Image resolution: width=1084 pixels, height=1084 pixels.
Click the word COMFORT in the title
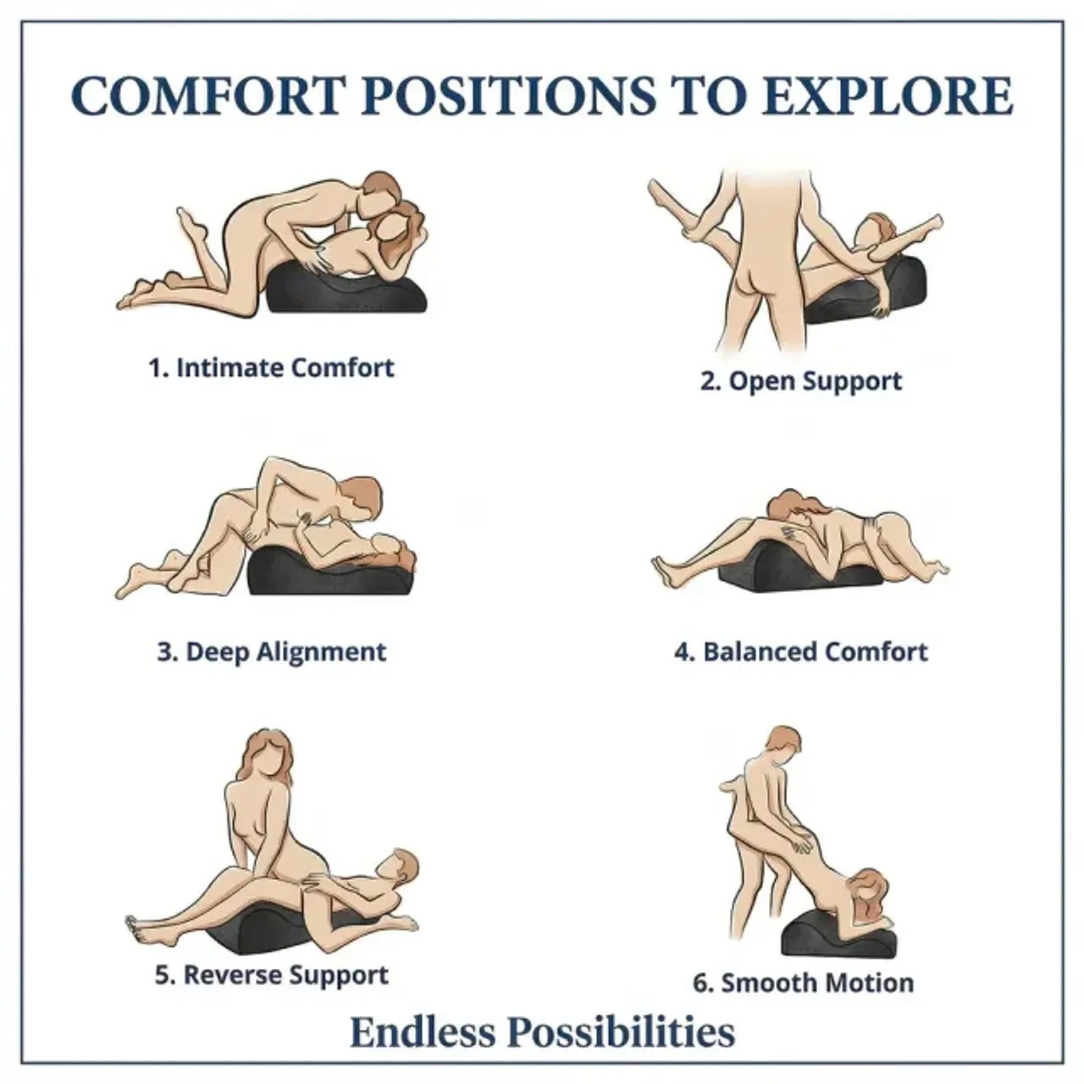207,97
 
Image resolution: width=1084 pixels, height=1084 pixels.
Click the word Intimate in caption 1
230,368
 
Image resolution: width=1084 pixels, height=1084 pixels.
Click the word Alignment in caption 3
321,653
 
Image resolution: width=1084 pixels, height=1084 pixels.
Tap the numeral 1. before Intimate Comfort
158,368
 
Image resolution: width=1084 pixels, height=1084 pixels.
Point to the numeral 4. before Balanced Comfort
686,653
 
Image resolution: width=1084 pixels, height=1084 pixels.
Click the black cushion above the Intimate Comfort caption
346,290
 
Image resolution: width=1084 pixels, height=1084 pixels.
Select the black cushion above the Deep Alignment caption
331,572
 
